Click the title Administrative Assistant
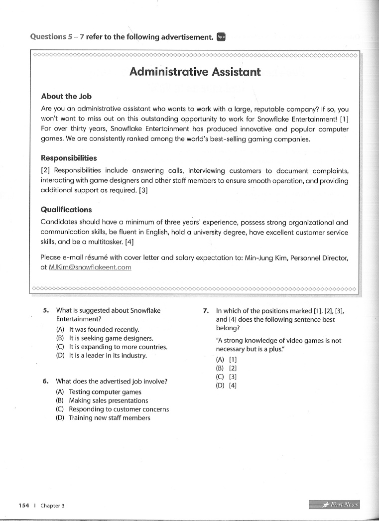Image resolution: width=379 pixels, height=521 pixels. click(x=195, y=72)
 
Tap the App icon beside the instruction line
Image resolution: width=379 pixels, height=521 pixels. click(x=222, y=36)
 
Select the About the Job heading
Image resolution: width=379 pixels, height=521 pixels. click(x=66, y=96)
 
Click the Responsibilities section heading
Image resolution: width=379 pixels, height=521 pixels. click(x=69, y=158)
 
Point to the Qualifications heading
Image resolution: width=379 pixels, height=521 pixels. click(x=66, y=210)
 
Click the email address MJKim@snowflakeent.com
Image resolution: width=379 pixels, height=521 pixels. click(x=90, y=267)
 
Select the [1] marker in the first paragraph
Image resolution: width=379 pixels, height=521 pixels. click(x=344, y=119)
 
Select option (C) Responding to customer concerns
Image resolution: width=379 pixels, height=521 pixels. click(x=113, y=409)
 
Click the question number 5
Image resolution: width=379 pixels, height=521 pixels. click(x=46, y=310)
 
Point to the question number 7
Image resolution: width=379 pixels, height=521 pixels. click(x=206, y=310)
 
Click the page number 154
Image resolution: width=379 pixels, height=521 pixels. click(x=24, y=505)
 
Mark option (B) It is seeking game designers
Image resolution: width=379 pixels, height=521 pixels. click(x=104, y=338)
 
